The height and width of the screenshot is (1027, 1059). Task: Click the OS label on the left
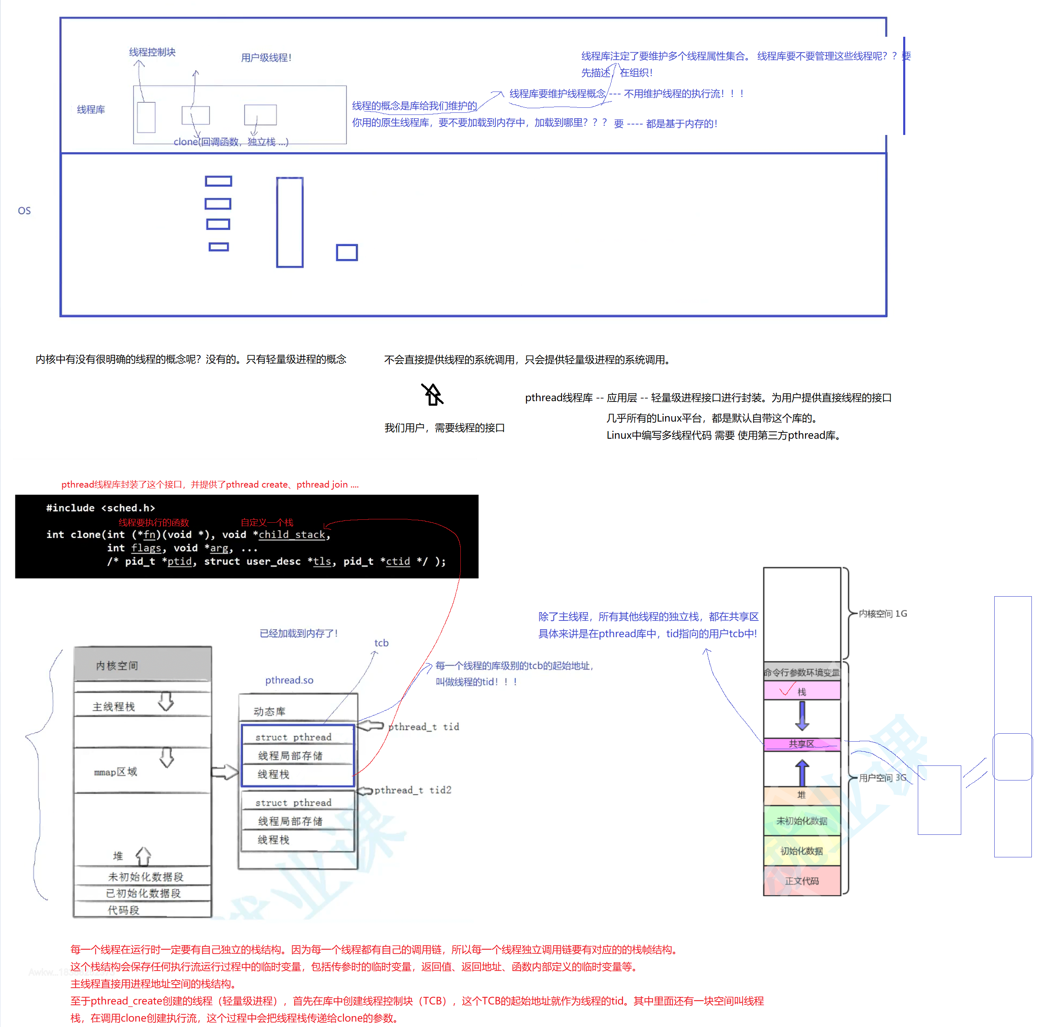24,211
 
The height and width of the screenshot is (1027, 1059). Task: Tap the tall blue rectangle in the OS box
290,222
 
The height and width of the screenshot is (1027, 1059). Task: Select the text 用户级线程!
266,57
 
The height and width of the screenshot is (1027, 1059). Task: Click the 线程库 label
91,110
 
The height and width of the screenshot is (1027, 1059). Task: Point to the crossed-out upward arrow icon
432,394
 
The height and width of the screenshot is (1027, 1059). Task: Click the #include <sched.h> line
101,508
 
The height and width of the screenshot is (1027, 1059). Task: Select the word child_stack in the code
292,534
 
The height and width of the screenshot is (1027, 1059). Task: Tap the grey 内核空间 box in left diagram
142,665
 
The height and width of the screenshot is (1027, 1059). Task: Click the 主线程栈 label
114,707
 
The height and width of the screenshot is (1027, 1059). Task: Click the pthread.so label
289,680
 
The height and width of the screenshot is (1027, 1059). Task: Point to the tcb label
381,643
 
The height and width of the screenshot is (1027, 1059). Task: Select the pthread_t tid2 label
413,790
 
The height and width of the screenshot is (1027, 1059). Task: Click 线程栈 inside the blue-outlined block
273,774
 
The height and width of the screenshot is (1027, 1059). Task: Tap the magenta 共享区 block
801,744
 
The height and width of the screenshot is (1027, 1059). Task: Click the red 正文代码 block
801,880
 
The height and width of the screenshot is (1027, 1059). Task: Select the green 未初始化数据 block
801,821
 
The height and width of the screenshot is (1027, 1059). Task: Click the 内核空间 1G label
882,613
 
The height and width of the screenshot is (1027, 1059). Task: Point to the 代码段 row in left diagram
123,910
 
